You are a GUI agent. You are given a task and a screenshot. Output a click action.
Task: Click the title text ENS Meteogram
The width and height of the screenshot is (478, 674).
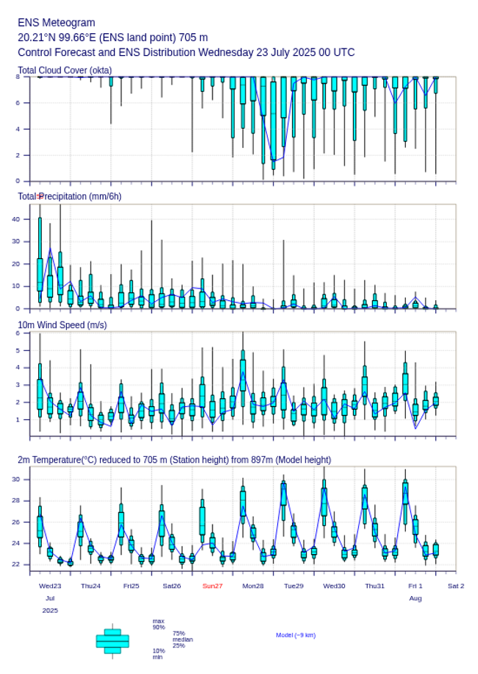(57, 23)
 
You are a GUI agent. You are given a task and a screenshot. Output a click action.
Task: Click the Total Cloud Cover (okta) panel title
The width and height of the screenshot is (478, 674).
(65, 71)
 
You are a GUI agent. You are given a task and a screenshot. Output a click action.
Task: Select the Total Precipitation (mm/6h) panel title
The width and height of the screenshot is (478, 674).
(70, 196)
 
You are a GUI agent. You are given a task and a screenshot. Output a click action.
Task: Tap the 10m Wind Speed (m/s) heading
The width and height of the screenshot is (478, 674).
(62, 324)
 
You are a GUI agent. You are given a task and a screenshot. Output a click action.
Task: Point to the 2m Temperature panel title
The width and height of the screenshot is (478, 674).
(174, 460)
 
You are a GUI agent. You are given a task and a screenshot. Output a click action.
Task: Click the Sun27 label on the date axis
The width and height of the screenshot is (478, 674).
(213, 586)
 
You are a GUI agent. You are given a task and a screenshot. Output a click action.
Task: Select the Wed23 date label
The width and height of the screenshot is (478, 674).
(50, 586)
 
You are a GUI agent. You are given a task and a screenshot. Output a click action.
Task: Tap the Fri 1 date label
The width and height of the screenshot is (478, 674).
(415, 586)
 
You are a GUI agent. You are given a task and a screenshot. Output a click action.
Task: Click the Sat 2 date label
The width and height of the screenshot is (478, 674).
(456, 586)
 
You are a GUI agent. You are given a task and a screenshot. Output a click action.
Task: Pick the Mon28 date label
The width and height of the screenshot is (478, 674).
(253, 586)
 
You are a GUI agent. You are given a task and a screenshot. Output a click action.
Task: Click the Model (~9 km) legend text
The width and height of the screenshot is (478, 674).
(296, 635)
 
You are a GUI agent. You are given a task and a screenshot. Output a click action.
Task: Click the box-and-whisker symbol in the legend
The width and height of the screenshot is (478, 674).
(112, 641)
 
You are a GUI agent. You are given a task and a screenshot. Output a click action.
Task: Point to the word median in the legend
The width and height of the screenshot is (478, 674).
(182, 639)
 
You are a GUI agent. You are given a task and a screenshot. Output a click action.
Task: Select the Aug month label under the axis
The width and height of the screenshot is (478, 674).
(415, 598)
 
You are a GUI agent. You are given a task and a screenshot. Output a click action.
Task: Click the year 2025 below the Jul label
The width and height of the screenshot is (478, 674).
(50, 611)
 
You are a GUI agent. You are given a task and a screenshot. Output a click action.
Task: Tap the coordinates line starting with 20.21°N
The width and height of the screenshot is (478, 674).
(113, 38)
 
